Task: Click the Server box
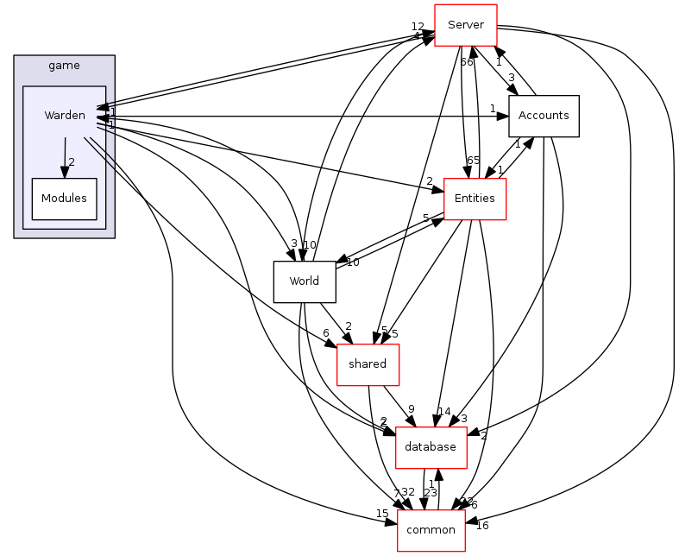pyautogui.click(x=465, y=24)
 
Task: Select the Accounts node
pyautogui.click(x=544, y=116)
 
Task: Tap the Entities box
pyautogui.click(x=474, y=199)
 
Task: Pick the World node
pyautogui.click(x=304, y=281)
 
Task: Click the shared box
pyautogui.click(x=367, y=364)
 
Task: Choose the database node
pyautogui.click(x=431, y=447)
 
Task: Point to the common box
pyautogui.click(x=431, y=530)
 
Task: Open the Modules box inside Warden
pyautogui.click(x=64, y=199)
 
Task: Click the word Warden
pyautogui.click(x=65, y=116)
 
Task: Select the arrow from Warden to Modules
pyautogui.click(x=65, y=156)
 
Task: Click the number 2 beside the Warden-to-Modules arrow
pyautogui.click(x=72, y=162)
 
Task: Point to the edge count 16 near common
pyautogui.click(x=481, y=526)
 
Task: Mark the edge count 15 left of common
pyautogui.click(x=381, y=515)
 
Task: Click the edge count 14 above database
pyautogui.click(x=444, y=412)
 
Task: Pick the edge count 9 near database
pyautogui.click(x=412, y=409)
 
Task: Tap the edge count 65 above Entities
pyautogui.click(x=473, y=161)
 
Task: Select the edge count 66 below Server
pyautogui.click(x=466, y=62)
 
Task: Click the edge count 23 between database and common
pyautogui.click(x=430, y=493)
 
